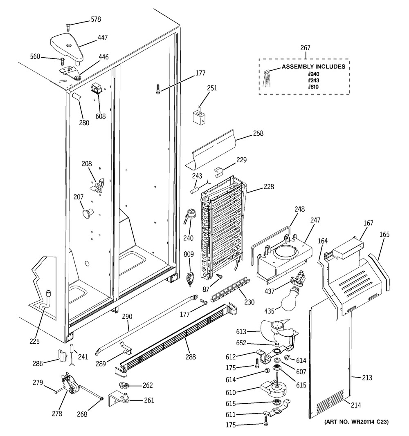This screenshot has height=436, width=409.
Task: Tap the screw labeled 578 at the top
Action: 68,27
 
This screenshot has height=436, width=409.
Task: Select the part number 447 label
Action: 103,37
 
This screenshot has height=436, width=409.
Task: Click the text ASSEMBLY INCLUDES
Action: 314,67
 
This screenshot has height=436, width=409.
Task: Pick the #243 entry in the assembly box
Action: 314,80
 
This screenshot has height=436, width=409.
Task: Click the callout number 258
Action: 258,133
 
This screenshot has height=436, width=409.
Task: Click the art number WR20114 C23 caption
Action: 356,422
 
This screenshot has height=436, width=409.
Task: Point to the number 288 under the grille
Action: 191,357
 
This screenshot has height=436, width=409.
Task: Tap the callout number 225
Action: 34,341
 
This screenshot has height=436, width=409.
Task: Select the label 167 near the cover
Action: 369,223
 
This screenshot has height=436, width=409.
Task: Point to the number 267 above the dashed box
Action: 305,48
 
